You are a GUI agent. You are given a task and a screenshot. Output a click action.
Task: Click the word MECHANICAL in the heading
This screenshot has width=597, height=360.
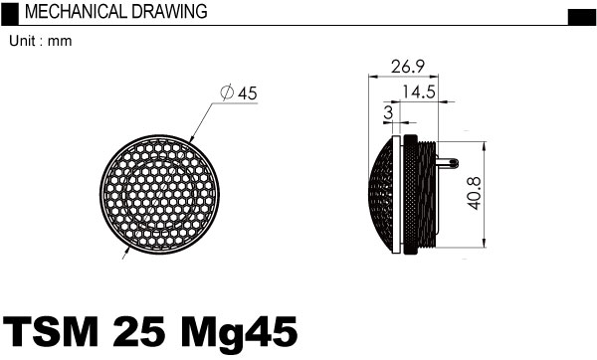76,11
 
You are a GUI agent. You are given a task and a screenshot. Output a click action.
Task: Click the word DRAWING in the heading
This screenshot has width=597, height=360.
170,11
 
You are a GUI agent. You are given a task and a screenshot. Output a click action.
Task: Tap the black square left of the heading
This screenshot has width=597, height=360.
10,14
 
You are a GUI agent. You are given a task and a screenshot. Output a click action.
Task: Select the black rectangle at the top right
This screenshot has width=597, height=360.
581,17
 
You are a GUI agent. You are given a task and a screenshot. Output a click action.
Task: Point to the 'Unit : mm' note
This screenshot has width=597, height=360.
41,41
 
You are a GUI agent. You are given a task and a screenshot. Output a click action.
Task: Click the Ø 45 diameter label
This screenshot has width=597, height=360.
239,93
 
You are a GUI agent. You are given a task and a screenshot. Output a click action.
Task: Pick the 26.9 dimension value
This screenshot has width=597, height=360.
408,67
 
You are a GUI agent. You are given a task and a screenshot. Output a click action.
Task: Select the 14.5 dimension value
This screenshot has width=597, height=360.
419,91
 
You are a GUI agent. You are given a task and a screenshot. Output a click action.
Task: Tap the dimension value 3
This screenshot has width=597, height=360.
388,112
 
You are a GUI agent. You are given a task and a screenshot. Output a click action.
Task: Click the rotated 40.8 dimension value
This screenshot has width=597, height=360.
475,193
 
